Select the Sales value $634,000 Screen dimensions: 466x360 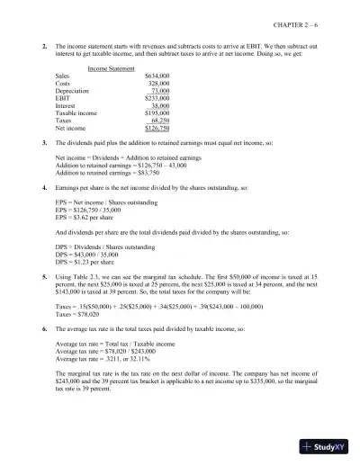pos(157,76)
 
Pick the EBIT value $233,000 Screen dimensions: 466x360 pos(157,100)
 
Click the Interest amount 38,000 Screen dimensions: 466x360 pos(160,108)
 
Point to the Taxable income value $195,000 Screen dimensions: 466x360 pos(157,115)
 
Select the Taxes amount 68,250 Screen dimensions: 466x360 pos(160,123)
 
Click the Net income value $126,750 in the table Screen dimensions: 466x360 pos(157,131)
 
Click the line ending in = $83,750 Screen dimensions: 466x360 pos(105,174)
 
